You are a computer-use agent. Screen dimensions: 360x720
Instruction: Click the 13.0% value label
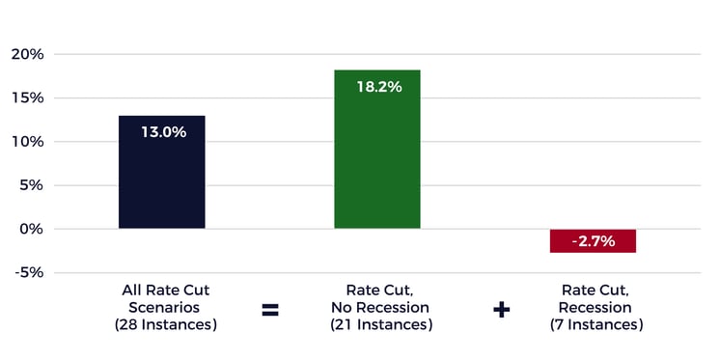click(x=162, y=132)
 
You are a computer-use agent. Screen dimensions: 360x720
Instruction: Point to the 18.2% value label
click(x=377, y=87)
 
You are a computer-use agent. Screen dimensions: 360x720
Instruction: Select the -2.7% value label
click(x=593, y=241)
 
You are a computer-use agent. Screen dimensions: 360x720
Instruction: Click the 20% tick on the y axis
click(x=27, y=54)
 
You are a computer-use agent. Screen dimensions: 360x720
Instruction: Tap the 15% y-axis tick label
click(x=27, y=97)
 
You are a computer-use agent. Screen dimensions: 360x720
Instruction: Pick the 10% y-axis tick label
click(x=27, y=141)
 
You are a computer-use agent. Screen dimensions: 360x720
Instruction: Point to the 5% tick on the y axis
click(x=31, y=185)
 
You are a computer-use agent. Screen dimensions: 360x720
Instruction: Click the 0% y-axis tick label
click(x=31, y=229)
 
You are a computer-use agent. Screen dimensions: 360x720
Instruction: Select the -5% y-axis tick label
click(x=28, y=272)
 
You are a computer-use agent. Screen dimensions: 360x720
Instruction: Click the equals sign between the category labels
click(x=269, y=310)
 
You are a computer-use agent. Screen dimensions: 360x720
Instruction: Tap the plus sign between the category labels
click(x=501, y=310)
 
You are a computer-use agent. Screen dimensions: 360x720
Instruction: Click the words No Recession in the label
click(x=377, y=308)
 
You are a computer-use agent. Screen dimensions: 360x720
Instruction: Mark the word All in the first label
click(x=134, y=290)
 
